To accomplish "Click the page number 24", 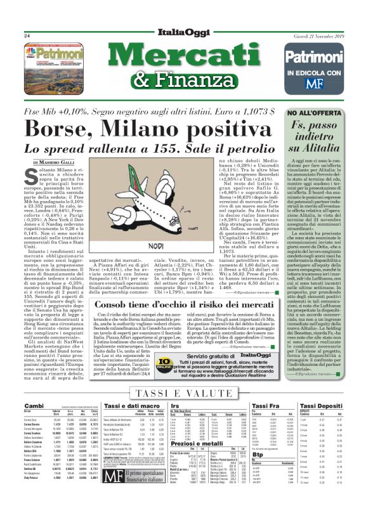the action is click(27, 36).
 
